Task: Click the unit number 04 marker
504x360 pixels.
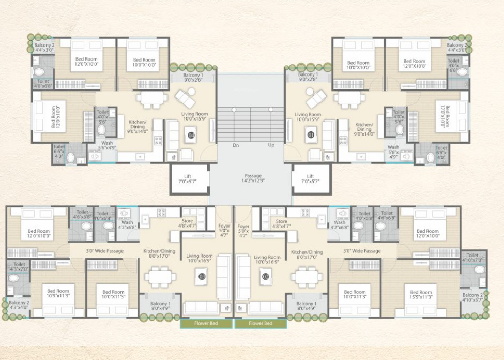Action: click(x=191, y=136)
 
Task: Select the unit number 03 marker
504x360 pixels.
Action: click(x=201, y=277)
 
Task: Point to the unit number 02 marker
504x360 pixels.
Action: click(x=266, y=277)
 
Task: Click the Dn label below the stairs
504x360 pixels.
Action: click(x=236, y=145)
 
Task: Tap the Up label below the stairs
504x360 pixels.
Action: click(x=271, y=145)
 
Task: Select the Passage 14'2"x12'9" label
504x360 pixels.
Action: click(x=253, y=178)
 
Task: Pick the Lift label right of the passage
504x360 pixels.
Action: click(x=310, y=179)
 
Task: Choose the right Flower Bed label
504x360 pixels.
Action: click(x=261, y=324)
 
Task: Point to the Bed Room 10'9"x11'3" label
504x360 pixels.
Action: click(x=58, y=294)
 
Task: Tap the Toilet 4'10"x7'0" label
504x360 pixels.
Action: click(x=472, y=258)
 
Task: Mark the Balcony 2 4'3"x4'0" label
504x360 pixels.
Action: click(x=18, y=305)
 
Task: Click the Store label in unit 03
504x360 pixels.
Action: click(x=187, y=223)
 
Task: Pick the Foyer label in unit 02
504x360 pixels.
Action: click(x=243, y=230)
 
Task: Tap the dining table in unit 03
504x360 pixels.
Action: click(x=160, y=277)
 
